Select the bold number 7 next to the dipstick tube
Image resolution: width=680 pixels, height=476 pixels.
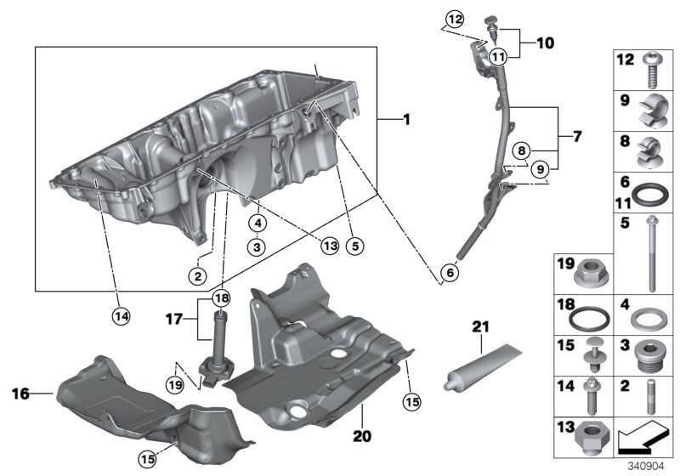click(576, 136)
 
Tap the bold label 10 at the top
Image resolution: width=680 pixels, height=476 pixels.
click(544, 41)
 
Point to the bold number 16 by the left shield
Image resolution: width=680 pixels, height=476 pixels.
click(22, 393)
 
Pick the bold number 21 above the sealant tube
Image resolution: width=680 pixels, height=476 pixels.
click(482, 326)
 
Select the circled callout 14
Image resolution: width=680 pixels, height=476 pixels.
click(122, 315)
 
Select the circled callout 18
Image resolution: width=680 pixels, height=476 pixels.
click(222, 298)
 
